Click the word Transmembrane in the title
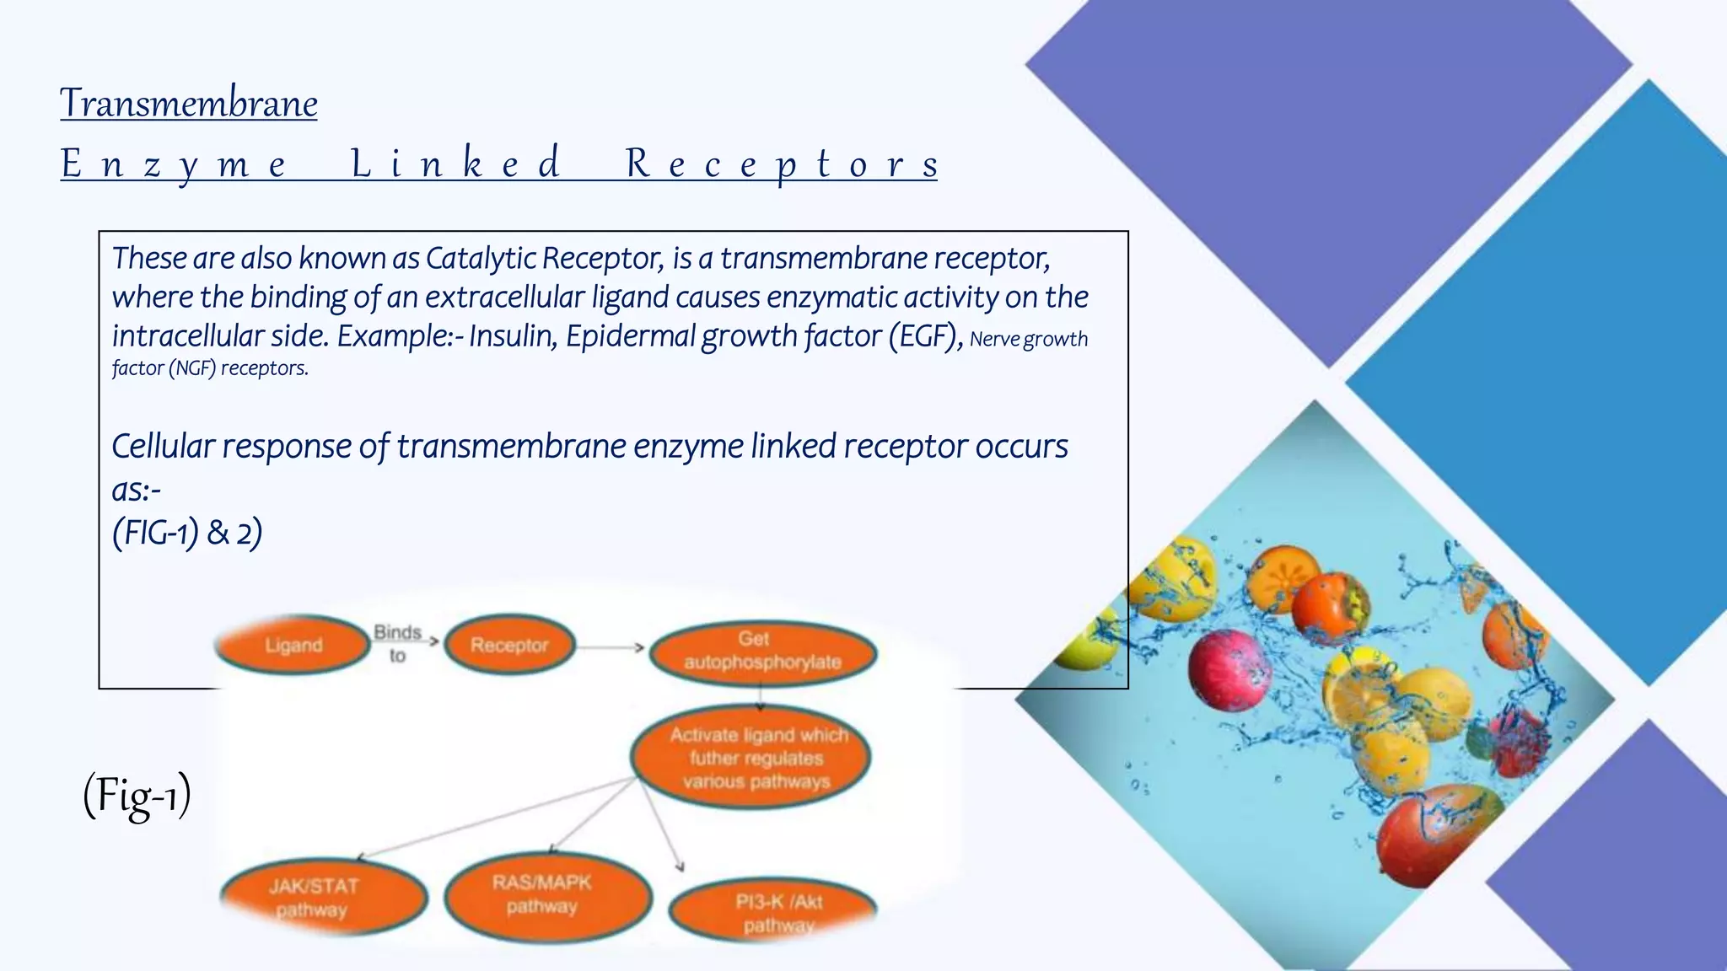pos(189,104)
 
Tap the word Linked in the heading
pos(455,163)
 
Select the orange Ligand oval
pos(293,645)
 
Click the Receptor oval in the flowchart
pos(509,645)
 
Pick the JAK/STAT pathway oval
pos(322,897)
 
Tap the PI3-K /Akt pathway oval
pos(774,912)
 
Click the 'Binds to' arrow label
pos(398,642)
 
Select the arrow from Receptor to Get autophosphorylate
pos(611,647)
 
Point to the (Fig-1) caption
pos(137,796)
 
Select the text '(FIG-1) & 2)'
pos(187,533)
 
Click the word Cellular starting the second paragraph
pos(164,447)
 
